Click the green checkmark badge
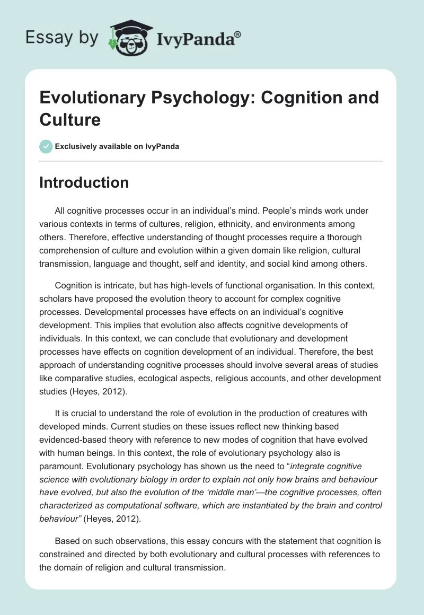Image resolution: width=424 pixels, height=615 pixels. [46, 146]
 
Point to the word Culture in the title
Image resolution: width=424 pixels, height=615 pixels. [69, 119]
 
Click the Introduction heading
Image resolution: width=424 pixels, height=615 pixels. [84, 183]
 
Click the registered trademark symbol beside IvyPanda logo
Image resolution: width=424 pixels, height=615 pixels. [238, 34]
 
